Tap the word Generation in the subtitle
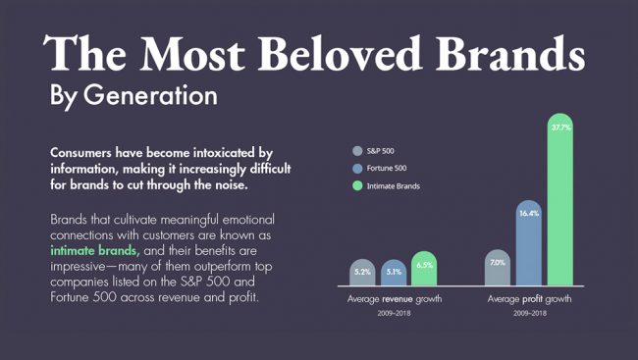tap(150, 95)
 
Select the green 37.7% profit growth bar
tap(560, 199)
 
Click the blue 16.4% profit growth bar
tap(529, 243)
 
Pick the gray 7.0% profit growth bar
tap(498, 268)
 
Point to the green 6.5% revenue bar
tap(424, 269)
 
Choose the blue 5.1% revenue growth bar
tap(394, 273)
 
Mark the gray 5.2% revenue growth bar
tap(362, 272)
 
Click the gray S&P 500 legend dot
tap(357, 151)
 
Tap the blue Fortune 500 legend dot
tap(357, 169)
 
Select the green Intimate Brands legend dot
tap(357, 186)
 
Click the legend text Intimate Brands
tap(393, 186)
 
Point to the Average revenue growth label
tap(395, 299)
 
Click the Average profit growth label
tap(529, 299)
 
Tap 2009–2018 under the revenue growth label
tap(394, 313)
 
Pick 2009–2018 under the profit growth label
tap(530, 313)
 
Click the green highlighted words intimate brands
tap(95, 250)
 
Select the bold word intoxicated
tap(224, 153)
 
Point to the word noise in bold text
tap(233, 185)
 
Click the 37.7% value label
tap(561, 128)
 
